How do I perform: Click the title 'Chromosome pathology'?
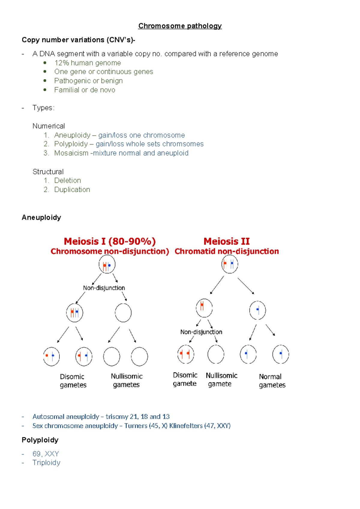pos(180,26)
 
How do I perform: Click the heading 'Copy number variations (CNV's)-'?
pos(78,40)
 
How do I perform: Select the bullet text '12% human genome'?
pos(87,63)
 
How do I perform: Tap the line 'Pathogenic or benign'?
pos(88,81)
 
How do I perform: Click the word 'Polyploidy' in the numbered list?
pos(71,144)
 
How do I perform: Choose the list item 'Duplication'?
pos(72,190)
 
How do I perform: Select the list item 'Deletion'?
pos(67,181)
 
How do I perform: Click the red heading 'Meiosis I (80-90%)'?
pos(109,241)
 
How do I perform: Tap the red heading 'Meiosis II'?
pos(226,241)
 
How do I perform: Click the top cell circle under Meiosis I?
pos(107,265)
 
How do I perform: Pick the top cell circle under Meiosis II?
pos(229,264)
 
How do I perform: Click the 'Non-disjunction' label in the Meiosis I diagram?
pos(104,288)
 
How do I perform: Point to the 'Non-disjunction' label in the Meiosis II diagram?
pos(201,332)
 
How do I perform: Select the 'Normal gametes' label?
pos(272,381)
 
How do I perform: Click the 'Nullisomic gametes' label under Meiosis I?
pos(126,381)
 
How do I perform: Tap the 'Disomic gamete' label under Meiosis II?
pos(185,379)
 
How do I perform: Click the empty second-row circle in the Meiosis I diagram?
pos(123,313)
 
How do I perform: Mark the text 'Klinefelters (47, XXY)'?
pos(200,426)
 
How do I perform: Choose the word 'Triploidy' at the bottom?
pos(46,463)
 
